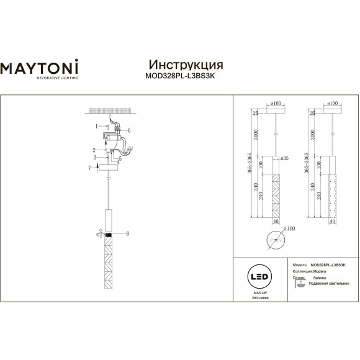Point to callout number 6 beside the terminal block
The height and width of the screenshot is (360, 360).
129,130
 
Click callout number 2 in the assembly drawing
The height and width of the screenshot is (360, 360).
93,150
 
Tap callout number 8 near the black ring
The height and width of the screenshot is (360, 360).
128,234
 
